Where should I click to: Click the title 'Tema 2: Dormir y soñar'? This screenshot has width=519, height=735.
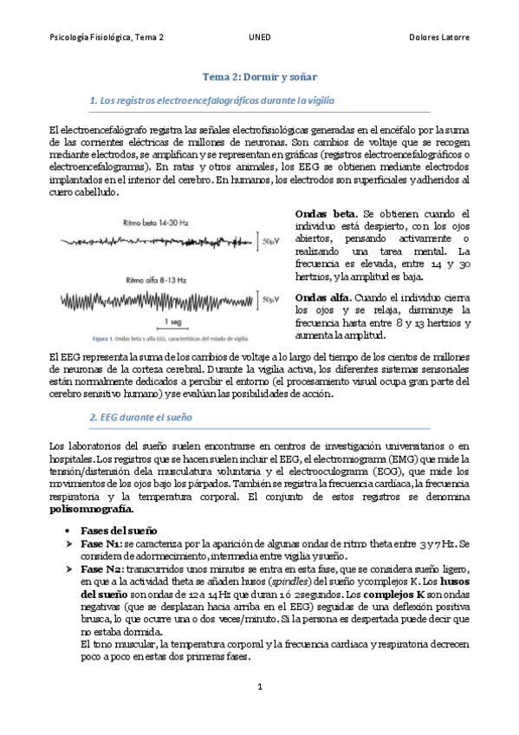[259, 76]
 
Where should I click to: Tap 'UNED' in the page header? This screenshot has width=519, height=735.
[259, 38]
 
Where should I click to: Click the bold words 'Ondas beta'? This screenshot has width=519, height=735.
[325, 213]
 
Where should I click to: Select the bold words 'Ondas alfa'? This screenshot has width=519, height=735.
[324, 294]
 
